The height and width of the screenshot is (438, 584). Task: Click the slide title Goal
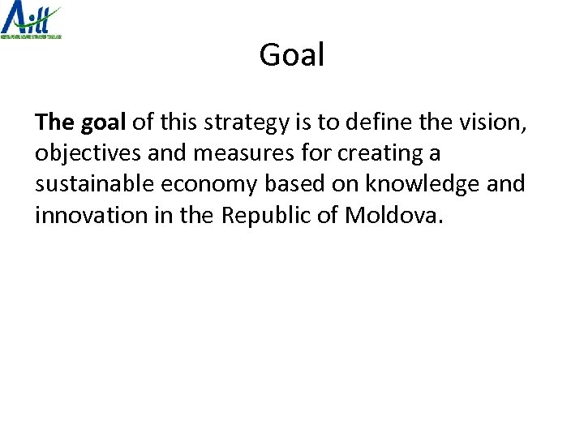point(292,55)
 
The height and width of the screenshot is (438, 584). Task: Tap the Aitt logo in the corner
point(31,18)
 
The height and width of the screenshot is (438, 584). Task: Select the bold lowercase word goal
point(103,122)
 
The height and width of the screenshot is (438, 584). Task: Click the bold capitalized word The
point(54,122)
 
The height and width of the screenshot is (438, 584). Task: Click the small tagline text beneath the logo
point(31,36)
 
